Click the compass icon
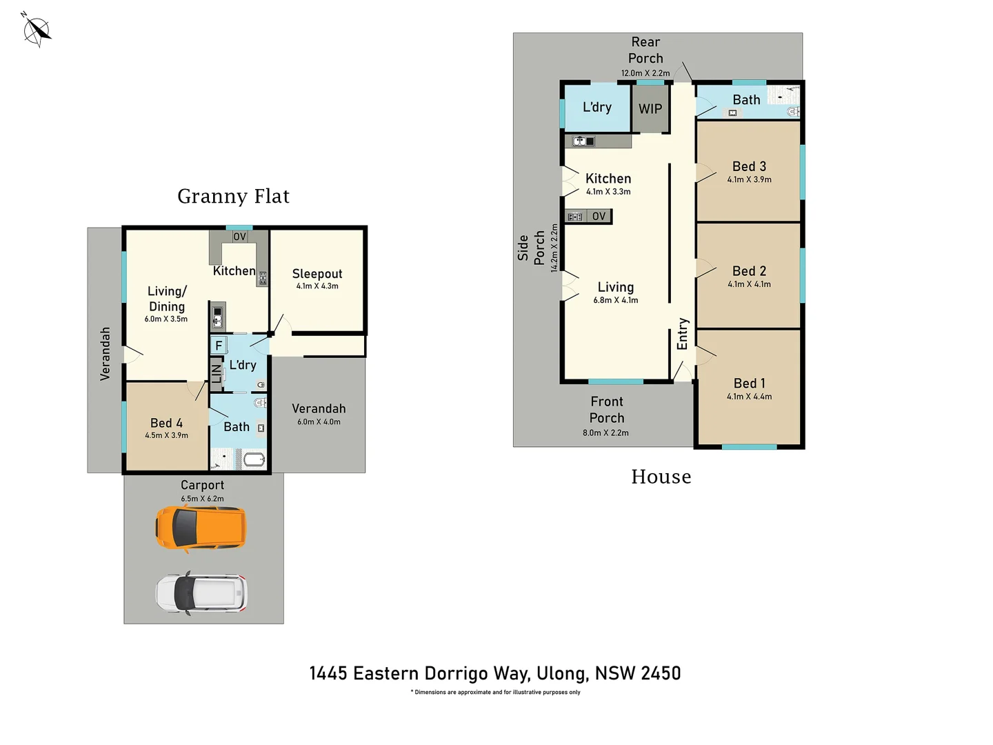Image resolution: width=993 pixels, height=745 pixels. (37, 30)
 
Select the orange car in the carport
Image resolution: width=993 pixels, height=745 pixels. (201, 528)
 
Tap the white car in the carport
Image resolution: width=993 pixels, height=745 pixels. (201, 593)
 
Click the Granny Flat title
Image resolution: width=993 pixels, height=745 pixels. (233, 197)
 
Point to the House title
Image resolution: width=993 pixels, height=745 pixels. (661, 477)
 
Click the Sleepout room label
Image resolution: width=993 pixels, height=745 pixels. (317, 274)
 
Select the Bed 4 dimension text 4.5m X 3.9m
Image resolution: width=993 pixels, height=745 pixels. (166, 435)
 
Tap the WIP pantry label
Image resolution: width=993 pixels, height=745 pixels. (650, 109)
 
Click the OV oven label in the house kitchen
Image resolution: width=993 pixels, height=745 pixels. (599, 217)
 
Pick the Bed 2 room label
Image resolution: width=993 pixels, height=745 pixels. (749, 271)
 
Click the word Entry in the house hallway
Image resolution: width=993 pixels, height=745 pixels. (683, 334)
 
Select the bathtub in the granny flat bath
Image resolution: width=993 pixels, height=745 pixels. (254, 459)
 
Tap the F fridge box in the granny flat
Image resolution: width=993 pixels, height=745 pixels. (219, 345)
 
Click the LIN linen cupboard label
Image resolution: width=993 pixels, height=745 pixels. (217, 374)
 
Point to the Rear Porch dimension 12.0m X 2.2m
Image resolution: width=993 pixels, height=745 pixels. (645, 73)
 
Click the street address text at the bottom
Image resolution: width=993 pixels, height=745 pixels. (495, 673)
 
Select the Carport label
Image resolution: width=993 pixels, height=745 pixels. (202, 485)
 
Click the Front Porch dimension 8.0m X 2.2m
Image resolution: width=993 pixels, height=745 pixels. (605, 433)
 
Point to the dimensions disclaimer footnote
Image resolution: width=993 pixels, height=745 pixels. (495, 692)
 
